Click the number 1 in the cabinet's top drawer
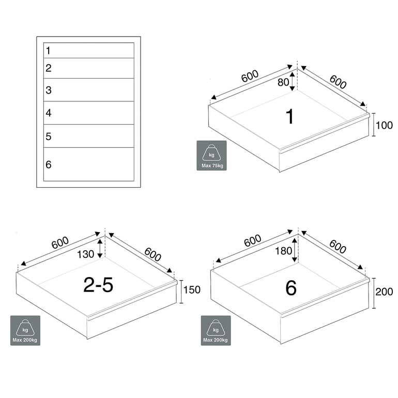click(48, 51)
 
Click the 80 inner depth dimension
click(283, 82)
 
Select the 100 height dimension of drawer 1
click(384, 126)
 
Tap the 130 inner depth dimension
click(85, 254)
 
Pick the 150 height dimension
click(192, 290)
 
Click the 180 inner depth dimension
click(284, 251)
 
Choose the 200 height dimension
click(384, 292)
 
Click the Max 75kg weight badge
click(212, 156)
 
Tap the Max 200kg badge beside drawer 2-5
click(25, 330)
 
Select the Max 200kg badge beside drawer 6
click(216, 330)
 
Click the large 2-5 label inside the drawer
click(98, 285)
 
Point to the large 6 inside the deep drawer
click(291, 288)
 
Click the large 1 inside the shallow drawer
click(290, 116)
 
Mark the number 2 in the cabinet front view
click(49, 68)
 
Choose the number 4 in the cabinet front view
click(49, 113)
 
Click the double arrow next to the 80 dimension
click(293, 82)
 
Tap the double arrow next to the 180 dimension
click(295, 250)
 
